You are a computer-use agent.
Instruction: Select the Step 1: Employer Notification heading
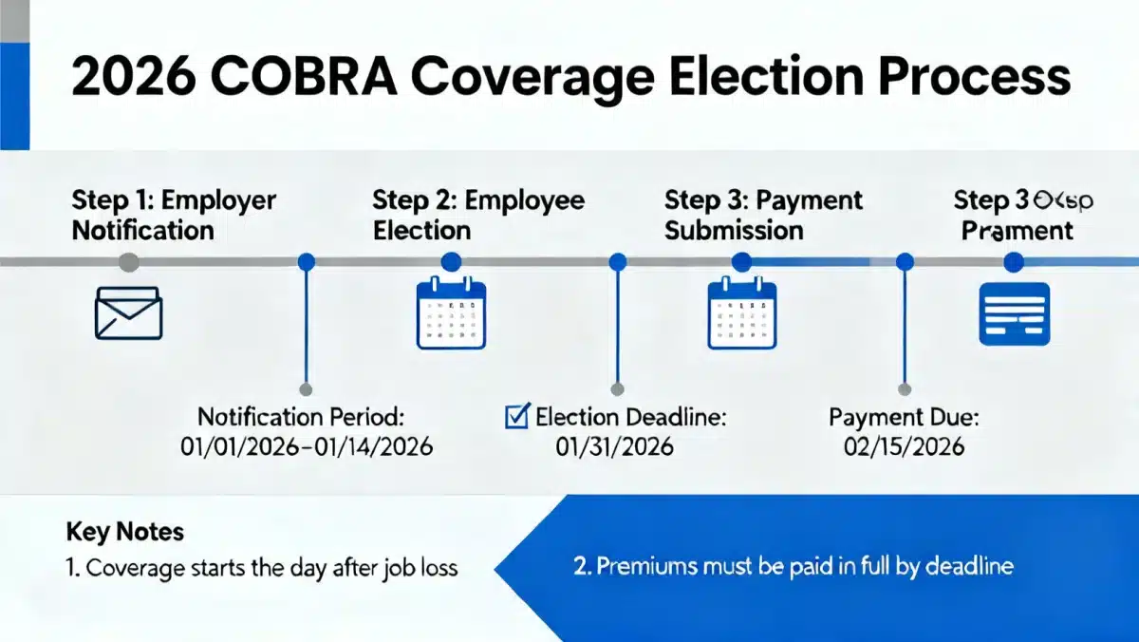[x=174, y=216]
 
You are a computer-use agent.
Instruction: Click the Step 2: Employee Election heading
[x=477, y=216]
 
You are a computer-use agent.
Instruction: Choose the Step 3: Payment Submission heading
[x=763, y=216]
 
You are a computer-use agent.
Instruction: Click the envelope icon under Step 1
[x=129, y=314]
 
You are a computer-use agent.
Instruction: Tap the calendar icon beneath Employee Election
[x=451, y=313]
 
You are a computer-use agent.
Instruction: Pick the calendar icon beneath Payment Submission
[x=742, y=313]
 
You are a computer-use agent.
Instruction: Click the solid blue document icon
[x=1014, y=313]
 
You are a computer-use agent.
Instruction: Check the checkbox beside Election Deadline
[x=517, y=416]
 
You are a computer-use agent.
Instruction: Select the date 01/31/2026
[x=614, y=445]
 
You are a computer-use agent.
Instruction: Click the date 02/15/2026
[x=904, y=445]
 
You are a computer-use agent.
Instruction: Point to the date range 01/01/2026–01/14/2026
[x=306, y=445]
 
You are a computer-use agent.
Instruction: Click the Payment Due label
[x=904, y=416]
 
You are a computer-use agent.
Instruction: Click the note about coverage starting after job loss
[x=262, y=568]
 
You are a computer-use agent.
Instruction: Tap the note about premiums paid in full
[x=794, y=567]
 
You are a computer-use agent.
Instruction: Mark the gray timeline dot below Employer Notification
[x=129, y=262]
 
